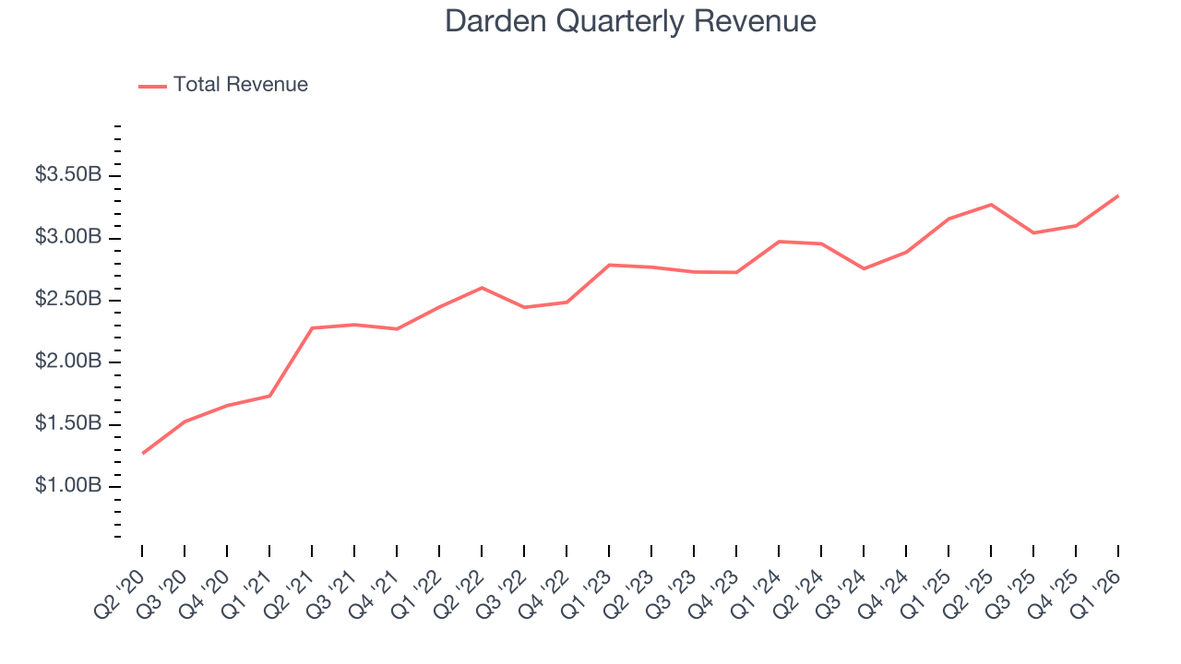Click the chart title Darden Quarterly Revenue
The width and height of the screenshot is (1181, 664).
(630, 20)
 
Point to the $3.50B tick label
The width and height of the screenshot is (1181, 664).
(68, 175)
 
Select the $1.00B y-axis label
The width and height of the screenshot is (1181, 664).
(68, 486)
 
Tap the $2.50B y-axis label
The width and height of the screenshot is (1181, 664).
(68, 300)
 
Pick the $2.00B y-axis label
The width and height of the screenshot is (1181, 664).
(68, 362)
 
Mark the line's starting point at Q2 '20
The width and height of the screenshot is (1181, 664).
(143, 453)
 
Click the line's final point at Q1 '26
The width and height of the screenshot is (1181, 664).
(1118, 196)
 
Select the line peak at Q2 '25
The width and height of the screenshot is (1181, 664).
(991, 204)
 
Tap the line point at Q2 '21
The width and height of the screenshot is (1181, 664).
(312, 328)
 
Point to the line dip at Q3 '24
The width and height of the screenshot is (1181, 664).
(864, 268)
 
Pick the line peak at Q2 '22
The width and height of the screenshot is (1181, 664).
(482, 288)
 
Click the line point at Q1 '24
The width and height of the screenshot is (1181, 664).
(780, 242)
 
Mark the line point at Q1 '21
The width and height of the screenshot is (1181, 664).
(269, 396)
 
